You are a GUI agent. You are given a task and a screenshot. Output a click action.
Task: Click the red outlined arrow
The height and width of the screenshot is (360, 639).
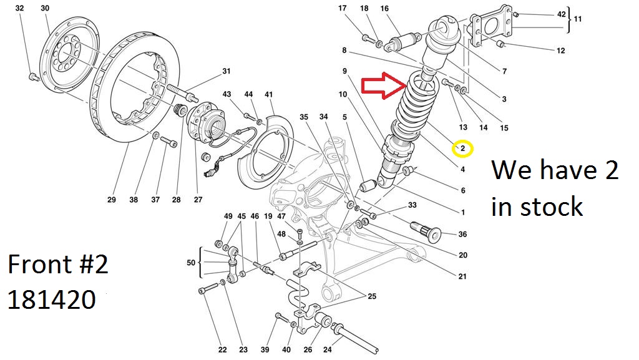(x=383, y=86)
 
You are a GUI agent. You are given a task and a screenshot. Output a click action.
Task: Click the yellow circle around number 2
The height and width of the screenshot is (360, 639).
(x=463, y=148)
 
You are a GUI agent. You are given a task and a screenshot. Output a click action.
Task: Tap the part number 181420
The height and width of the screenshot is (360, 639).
(x=51, y=300)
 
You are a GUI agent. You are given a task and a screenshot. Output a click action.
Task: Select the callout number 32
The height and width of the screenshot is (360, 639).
(x=19, y=8)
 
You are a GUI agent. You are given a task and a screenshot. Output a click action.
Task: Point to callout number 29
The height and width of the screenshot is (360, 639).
(x=112, y=200)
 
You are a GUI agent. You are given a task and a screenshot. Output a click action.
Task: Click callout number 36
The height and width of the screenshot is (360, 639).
(x=462, y=235)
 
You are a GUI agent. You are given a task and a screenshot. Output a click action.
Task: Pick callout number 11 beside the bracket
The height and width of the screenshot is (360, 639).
(x=578, y=19)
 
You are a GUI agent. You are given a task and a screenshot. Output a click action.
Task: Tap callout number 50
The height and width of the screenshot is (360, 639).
(x=191, y=263)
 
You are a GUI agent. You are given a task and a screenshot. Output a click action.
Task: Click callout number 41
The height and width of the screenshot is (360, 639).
(x=269, y=94)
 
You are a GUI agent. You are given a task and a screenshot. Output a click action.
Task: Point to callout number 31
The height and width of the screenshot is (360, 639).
(x=226, y=72)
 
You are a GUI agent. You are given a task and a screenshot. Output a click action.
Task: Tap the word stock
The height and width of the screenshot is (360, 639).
(x=552, y=207)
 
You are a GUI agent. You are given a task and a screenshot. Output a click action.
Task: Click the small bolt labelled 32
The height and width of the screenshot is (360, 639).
(x=32, y=77)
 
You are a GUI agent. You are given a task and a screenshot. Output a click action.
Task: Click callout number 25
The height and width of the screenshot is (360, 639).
(x=371, y=296)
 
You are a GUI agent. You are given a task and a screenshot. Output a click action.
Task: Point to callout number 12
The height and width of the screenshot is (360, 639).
(x=560, y=51)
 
